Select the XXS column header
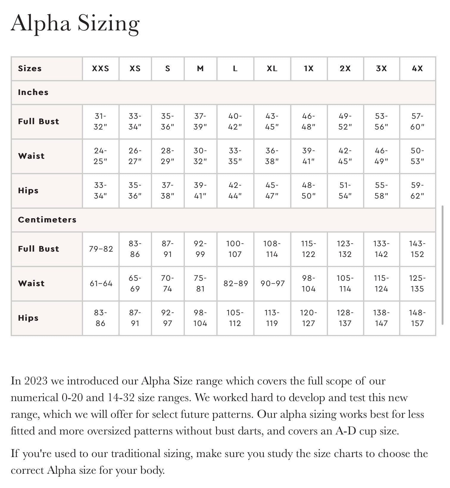(x=101, y=68)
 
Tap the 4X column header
(x=417, y=68)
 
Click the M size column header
(x=200, y=68)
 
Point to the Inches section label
(x=33, y=92)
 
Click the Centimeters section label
(x=47, y=220)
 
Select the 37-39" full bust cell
(x=200, y=121)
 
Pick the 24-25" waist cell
(x=101, y=156)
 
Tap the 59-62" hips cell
(x=417, y=191)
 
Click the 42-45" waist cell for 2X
(x=345, y=156)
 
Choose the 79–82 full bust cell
(x=101, y=249)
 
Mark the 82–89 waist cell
(x=235, y=283)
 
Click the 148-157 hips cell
(x=417, y=318)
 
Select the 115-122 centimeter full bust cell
(x=309, y=249)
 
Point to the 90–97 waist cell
(x=272, y=283)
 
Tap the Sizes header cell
(x=30, y=68)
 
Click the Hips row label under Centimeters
(x=28, y=318)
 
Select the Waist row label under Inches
(x=31, y=156)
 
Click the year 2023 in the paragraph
(x=36, y=381)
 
